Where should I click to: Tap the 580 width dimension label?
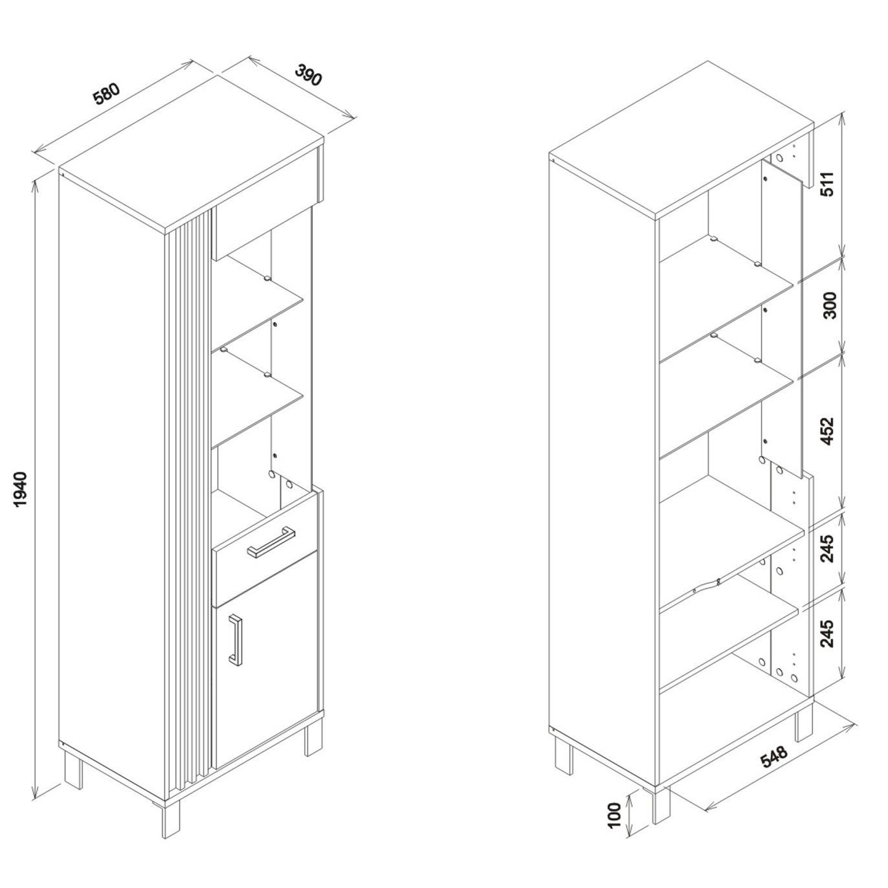point(107,94)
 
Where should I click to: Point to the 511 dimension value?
point(828,183)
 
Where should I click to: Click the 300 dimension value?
point(830,305)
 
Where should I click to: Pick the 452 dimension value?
point(828,431)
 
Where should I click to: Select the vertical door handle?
point(235,640)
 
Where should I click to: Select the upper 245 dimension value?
point(828,548)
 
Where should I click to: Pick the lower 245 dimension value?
point(828,634)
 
